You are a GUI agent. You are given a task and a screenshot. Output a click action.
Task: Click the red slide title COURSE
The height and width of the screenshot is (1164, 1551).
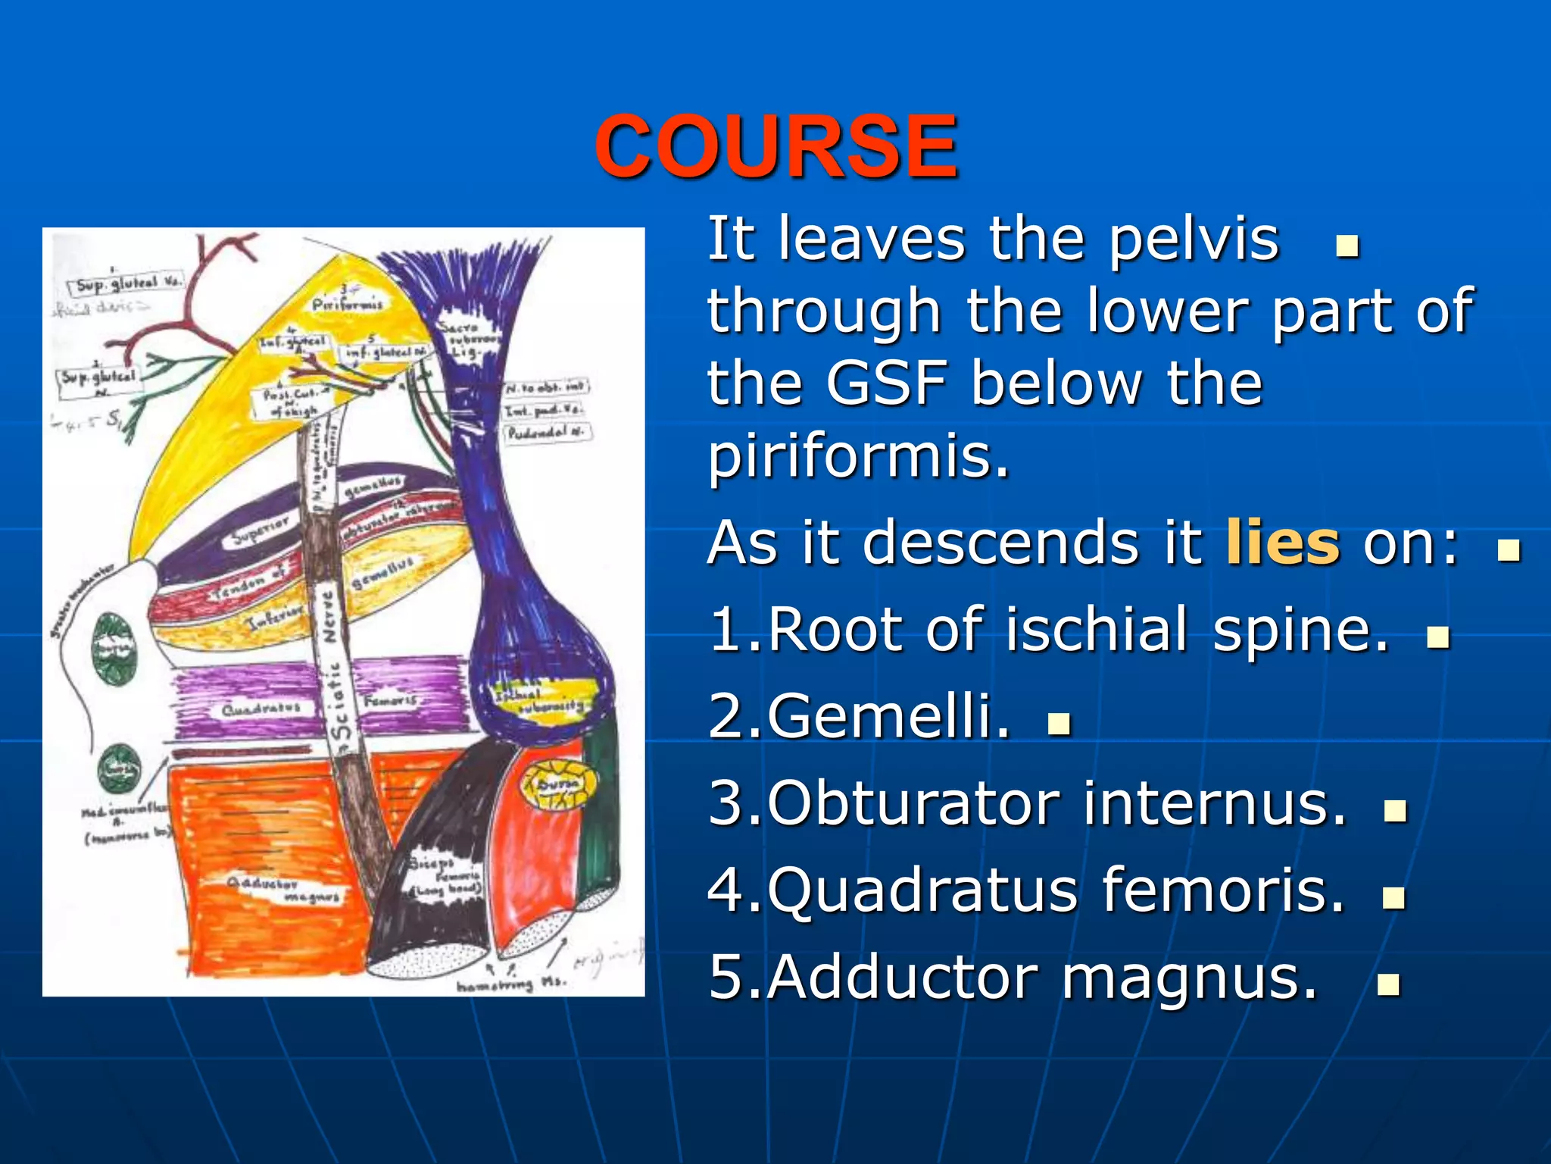click(775, 146)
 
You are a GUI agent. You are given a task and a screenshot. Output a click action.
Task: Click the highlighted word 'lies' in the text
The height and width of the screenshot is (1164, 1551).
click(1282, 543)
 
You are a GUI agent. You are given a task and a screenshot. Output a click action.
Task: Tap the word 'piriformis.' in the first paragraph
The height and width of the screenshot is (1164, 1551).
click(859, 457)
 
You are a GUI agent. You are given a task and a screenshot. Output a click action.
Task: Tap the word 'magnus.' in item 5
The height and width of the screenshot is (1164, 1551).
click(1189, 978)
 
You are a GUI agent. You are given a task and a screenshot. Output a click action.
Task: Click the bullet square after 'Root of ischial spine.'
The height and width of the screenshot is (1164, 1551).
click(1437, 637)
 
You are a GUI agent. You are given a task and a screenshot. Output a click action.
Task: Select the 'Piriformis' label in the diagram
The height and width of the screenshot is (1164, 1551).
click(348, 305)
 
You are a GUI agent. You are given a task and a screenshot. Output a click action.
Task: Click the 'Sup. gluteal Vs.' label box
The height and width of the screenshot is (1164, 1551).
click(128, 283)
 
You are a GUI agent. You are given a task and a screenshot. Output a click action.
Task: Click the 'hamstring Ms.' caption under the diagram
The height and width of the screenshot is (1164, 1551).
click(510, 984)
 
